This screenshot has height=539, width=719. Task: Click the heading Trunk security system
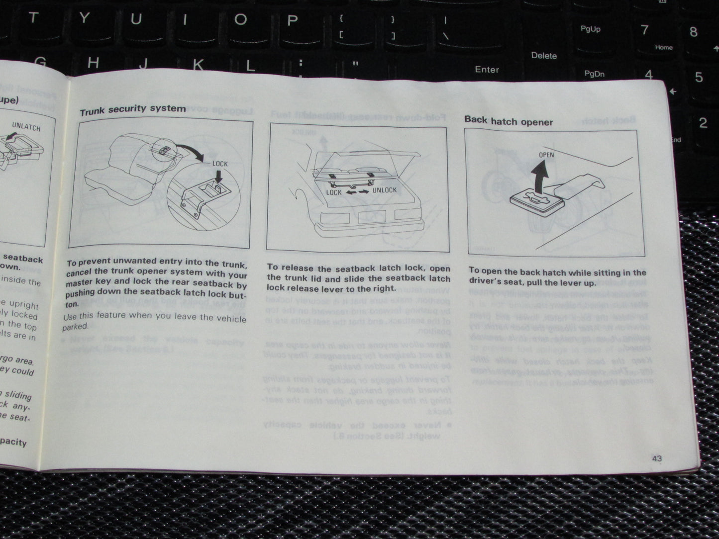click(132, 109)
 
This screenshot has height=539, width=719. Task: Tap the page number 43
click(656, 458)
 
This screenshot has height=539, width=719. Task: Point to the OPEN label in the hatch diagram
click(546, 155)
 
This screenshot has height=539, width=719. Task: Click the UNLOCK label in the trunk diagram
click(384, 190)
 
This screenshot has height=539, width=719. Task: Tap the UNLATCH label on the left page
click(26, 127)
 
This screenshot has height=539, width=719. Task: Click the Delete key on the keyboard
click(543, 56)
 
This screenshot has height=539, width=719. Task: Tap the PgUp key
click(590, 29)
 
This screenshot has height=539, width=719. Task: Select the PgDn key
click(594, 74)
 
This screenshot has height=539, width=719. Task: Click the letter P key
click(292, 20)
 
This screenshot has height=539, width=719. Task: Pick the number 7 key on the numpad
click(645, 30)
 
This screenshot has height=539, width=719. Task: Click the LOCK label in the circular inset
click(219, 164)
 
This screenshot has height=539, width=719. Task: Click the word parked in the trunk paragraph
click(75, 327)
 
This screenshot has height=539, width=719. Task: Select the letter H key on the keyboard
click(93, 63)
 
